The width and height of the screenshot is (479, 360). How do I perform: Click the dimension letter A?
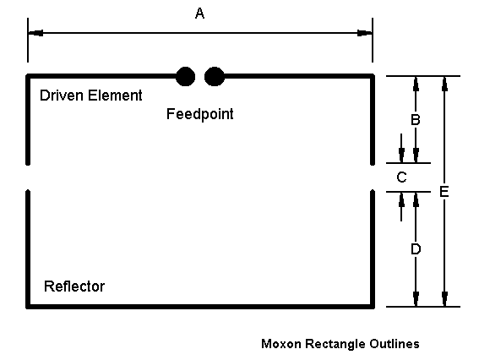[x=199, y=14]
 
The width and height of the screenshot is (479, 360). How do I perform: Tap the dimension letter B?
[x=416, y=119]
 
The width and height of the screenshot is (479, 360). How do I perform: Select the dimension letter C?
[x=401, y=177]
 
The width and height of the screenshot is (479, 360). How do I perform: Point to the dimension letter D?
[x=416, y=249]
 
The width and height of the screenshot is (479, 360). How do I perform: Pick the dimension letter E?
[x=444, y=192]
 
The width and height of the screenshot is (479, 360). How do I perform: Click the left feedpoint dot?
[x=185, y=76]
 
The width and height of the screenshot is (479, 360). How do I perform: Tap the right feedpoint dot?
[x=215, y=76]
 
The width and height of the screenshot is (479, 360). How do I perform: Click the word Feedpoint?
[x=199, y=114]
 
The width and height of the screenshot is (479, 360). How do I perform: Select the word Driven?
[x=62, y=95]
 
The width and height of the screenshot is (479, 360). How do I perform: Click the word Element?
[x=115, y=95]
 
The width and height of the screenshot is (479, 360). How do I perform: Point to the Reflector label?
[x=74, y=286]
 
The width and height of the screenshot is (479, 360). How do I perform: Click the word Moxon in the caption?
[x=281, y=344]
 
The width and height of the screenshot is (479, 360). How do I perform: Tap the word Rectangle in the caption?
[x=335, y=344]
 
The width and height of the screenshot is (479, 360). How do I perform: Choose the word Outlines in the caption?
[x=395, y=344]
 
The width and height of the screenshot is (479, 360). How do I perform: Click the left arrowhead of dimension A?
[x=35, y=33]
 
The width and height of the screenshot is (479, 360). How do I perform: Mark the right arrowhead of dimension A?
[x=365, y=33]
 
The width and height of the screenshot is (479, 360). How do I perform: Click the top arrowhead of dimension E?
[x=444, y=84]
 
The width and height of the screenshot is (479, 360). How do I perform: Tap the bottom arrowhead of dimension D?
[x=416, y=299]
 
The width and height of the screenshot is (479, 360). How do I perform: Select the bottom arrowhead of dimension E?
[x=444, y=299]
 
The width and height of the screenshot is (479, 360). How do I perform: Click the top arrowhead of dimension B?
[x=416, y=84]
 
